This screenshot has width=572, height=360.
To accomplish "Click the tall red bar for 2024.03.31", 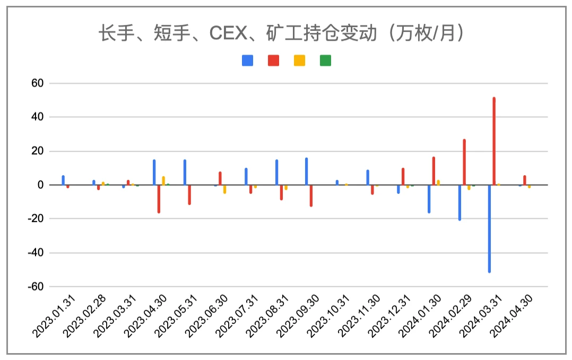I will coord(494,141).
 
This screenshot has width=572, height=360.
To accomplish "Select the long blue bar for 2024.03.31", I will coord(489,229).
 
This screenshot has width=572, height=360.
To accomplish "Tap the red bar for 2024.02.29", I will coord(464,162).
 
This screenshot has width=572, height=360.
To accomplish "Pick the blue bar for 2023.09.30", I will coord(307,172).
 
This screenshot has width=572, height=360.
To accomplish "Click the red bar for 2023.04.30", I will coord(159,199).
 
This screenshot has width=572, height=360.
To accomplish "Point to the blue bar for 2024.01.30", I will coord(429,199).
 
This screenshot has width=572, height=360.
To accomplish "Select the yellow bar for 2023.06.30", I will coord(224,189).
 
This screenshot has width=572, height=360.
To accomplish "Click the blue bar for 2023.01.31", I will coord(63,180).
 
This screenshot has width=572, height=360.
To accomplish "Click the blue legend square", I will coord(247,61).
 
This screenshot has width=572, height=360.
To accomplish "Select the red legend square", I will coord(273,61).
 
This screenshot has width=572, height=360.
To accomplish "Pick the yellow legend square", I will coord(299,61).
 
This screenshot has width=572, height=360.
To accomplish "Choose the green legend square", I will coord(325,61).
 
